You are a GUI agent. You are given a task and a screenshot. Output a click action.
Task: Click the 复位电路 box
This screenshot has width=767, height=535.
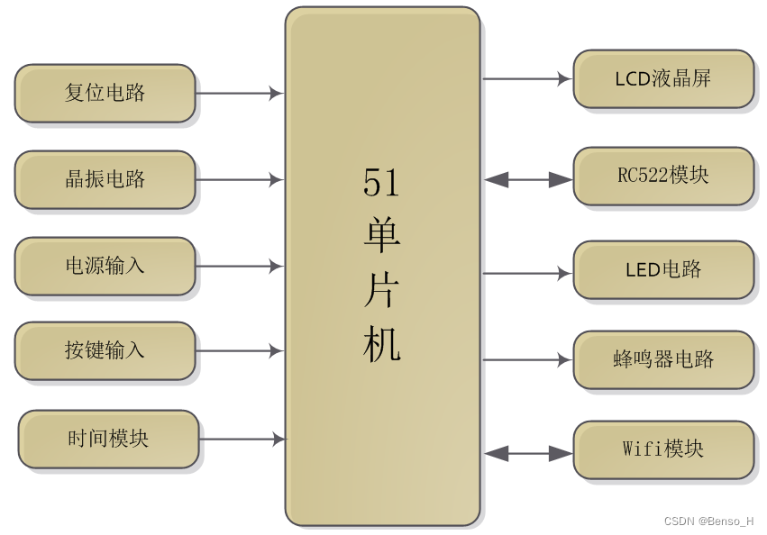pyautogui.click(x=105, y=93)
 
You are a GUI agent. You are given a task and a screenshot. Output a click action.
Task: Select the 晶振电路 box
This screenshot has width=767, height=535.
pyautogui.click(x=105, y=179)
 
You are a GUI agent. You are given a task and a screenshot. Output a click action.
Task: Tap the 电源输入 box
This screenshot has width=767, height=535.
pyautogui.click(x=105, y=266)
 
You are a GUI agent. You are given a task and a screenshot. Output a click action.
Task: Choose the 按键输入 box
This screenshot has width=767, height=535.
pyautogui.click(x=105, y=350)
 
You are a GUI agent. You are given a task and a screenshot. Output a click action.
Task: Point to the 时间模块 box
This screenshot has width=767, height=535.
pyautogui.click(x=108, y=439)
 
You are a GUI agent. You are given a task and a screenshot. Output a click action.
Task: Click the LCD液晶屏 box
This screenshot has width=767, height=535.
pyautogui.click(x=663, y=78)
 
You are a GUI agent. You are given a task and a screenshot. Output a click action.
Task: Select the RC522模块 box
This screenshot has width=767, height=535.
pyautogui.click(x=663, y=176)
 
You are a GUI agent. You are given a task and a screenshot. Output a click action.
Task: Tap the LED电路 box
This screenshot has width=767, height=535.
pyautogui.click(x=663, y=269)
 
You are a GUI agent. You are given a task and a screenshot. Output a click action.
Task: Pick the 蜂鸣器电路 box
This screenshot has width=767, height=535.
pyautogui.click(x=663, y=359)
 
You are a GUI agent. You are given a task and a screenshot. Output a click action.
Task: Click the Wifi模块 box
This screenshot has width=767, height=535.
pyautogui.click(x=663, y=449)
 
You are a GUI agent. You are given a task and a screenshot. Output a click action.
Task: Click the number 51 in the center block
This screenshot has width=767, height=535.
pyautogui.click(x=381, y=183)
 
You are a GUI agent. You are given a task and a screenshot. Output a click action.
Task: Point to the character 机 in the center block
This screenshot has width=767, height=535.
pyautogui.click(x=381, y=345)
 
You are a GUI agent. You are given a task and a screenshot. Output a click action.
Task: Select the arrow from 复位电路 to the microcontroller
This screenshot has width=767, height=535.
pyautogui.click(x=240, y=93)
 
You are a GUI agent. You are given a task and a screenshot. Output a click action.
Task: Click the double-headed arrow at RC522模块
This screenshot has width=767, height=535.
pyautogui.click(x=528, y=180)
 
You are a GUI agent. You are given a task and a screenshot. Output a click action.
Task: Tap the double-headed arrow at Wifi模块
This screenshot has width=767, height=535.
pyautogui.click(x=528, y=454)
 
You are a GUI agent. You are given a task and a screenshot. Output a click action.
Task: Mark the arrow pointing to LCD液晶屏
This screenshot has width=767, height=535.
pyautogui.click(x=527, y=78)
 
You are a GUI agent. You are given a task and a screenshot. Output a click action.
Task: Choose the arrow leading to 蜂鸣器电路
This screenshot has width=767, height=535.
pyautogui.click(x=527, y=359)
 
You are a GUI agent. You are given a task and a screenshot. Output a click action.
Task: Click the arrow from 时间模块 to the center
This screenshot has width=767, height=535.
pyautogui.click(x=242, y=440)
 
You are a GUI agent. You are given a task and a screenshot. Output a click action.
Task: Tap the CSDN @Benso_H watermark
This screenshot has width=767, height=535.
pyautogui.click(x=709, y=521)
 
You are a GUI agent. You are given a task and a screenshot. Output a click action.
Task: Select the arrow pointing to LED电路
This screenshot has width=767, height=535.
pyautogui.click(x=527, y=273)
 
